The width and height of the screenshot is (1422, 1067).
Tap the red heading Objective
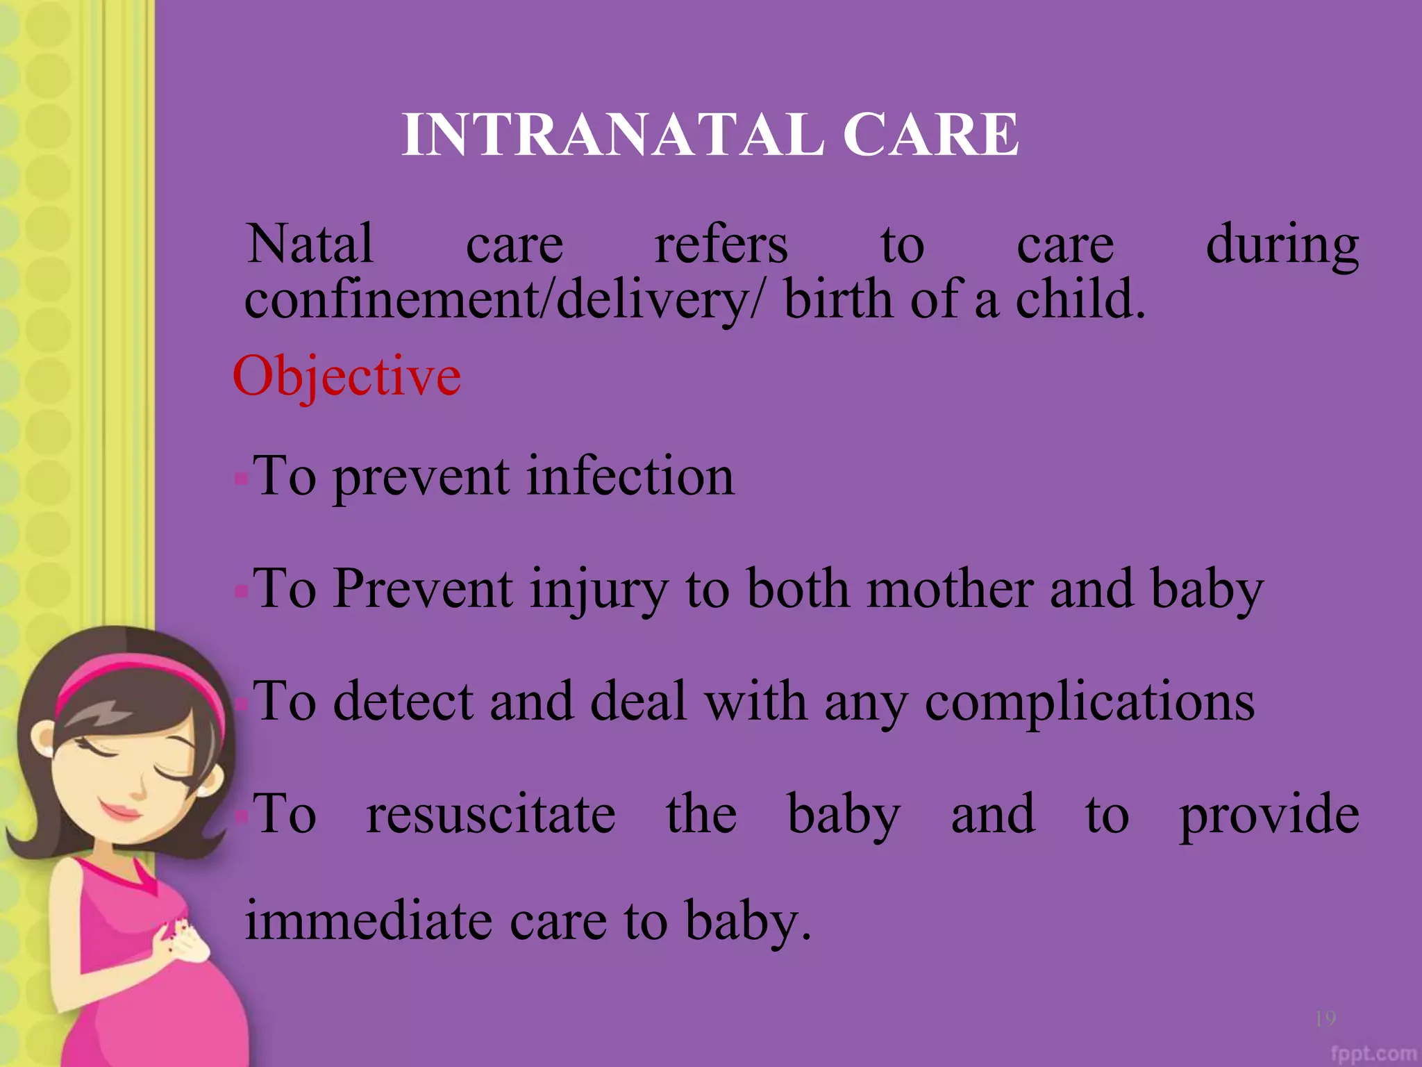coord(346,376)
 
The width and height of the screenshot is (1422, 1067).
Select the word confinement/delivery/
coord(505,300)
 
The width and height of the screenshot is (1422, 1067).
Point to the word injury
coord(598,589)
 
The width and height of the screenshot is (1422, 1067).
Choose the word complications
coord(1089,702)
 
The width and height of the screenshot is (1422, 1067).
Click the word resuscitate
coord(490,814)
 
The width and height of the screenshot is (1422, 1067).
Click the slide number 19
coord(1325,1018)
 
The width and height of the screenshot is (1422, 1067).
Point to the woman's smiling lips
coord(119,810)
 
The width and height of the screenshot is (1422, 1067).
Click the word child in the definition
coord(1080,300)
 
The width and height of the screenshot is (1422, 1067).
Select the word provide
coord(1269,816)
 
